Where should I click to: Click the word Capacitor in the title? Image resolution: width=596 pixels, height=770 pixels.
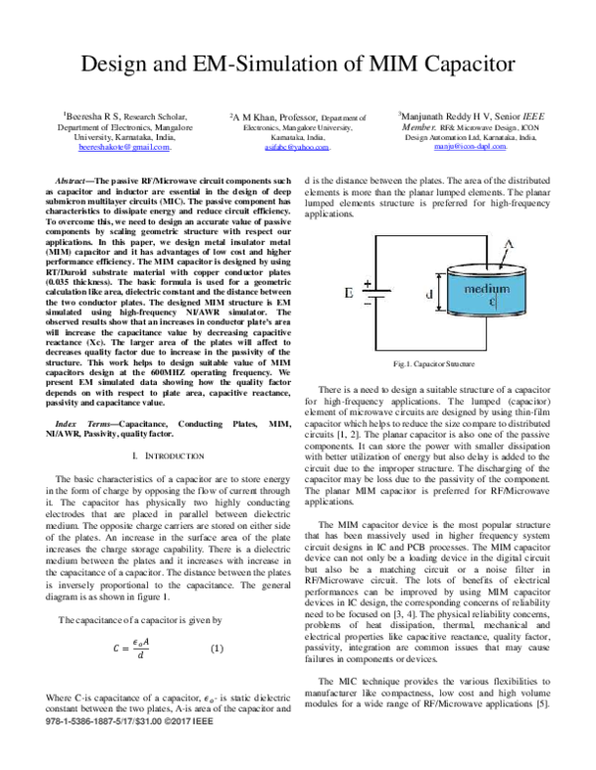[x=460, y=64]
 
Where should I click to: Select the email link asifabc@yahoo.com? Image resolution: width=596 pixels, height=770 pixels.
[x=298, y=146]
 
